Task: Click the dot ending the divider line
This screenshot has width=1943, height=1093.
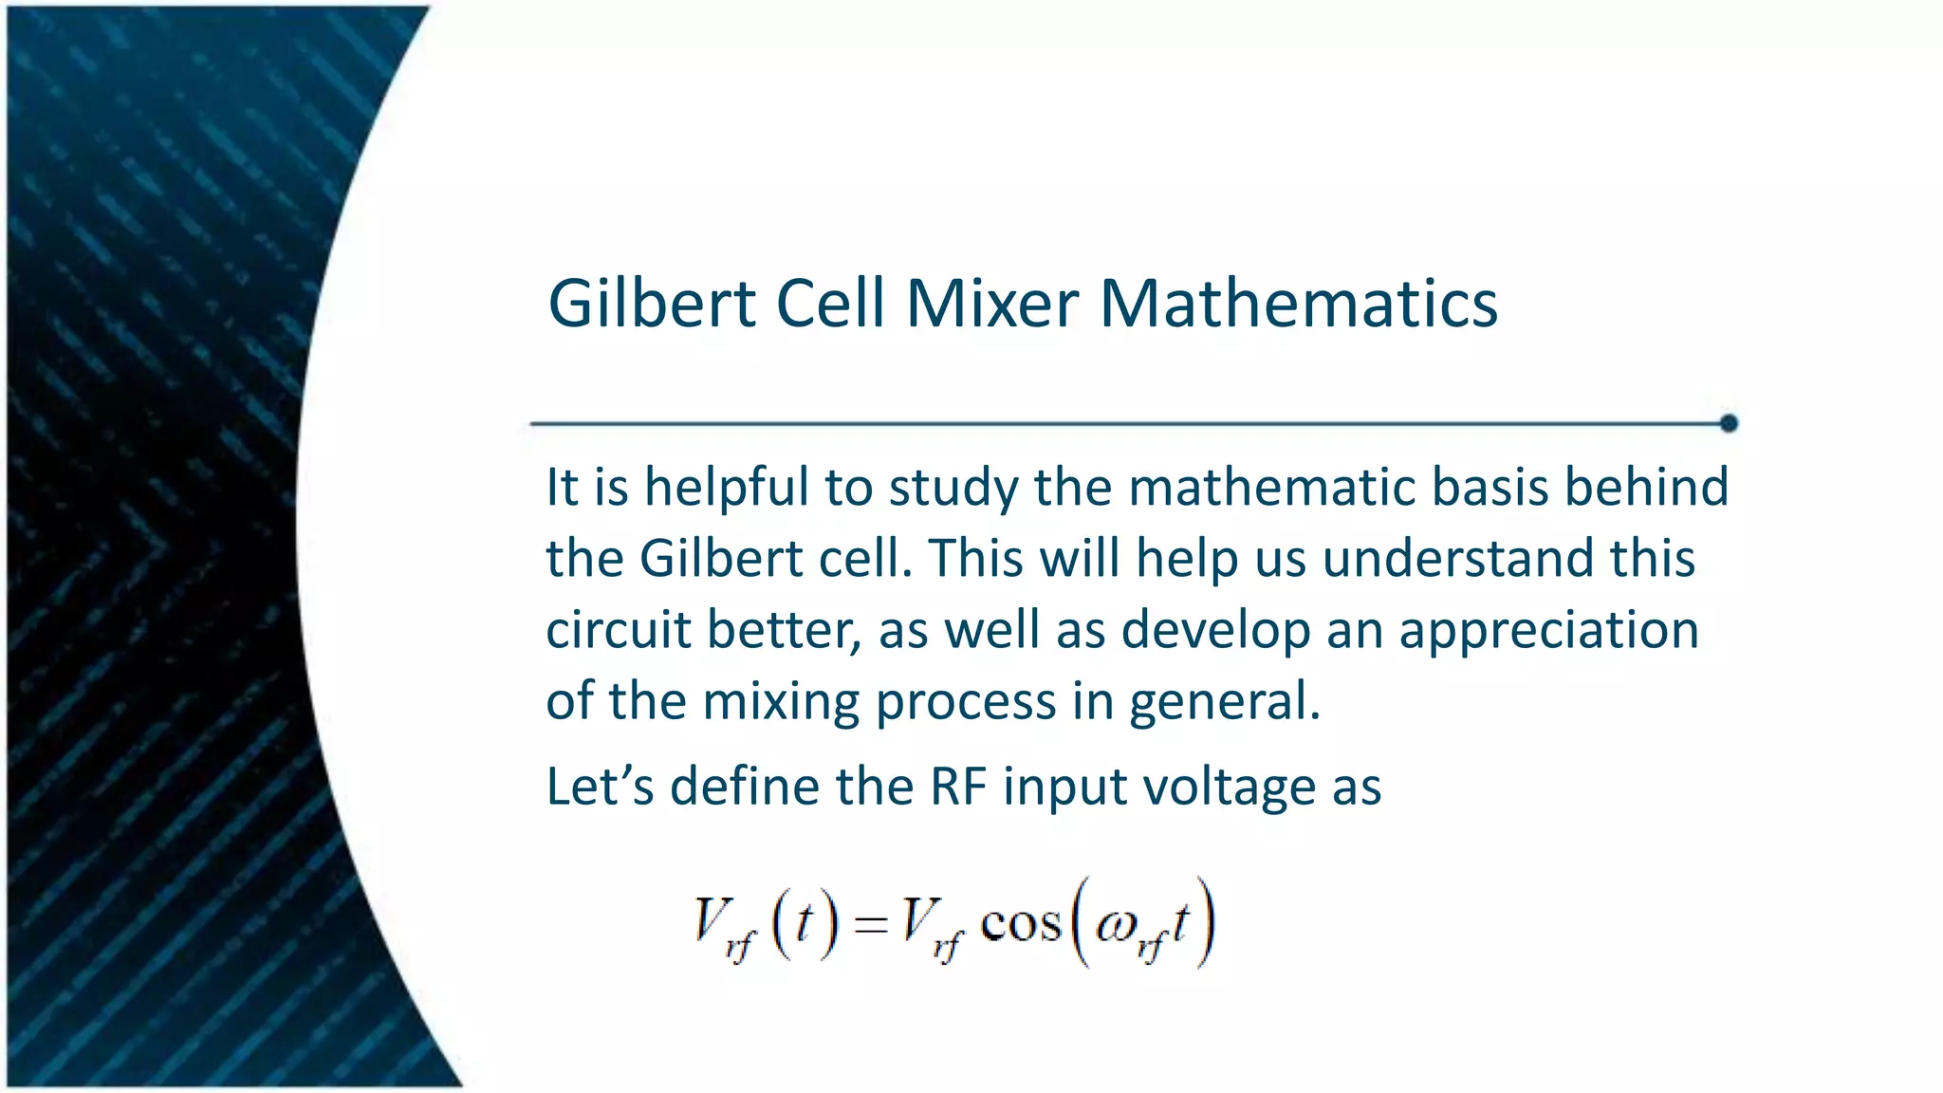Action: [1729, 423]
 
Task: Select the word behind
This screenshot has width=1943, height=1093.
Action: [1646, 488]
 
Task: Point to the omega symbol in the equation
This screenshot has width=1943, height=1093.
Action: [1114, 926]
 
